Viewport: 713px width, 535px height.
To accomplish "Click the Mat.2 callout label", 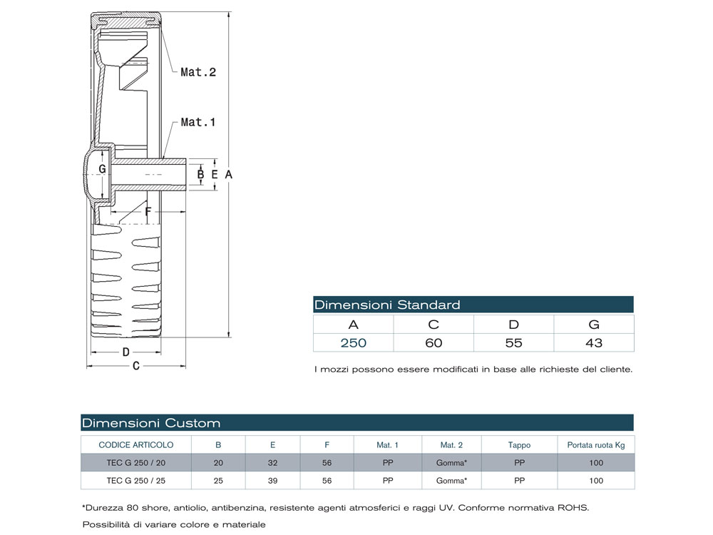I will [198, 72].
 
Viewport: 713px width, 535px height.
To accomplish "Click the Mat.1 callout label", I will [198, 122].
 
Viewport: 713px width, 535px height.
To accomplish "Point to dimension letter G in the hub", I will [103, 169].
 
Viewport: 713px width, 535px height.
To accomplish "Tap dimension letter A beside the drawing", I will [228, 173].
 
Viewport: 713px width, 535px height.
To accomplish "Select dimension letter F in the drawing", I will [148, 211].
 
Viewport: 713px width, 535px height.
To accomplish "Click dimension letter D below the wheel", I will [125, 352].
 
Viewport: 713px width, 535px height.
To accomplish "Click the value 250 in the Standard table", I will [353, 343].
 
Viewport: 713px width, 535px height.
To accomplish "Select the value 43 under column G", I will [593, 343].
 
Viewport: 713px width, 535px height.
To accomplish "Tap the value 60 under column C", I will [434, 343].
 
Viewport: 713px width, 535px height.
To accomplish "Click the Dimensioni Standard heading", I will [387, 305].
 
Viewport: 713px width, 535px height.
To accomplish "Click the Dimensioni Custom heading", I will [151, 423].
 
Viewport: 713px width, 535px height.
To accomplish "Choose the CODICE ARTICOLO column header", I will [135, 445].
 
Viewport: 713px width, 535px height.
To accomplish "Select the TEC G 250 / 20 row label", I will [135, 463].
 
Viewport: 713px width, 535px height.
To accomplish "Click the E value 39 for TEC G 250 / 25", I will [272, 481].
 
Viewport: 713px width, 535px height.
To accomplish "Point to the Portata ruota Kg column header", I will [595, 445].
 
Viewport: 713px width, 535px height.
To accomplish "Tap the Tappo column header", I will [519, 445].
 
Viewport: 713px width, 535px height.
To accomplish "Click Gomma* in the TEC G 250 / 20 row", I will [451, 463].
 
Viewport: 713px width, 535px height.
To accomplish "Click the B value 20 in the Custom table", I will [218, 463].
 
